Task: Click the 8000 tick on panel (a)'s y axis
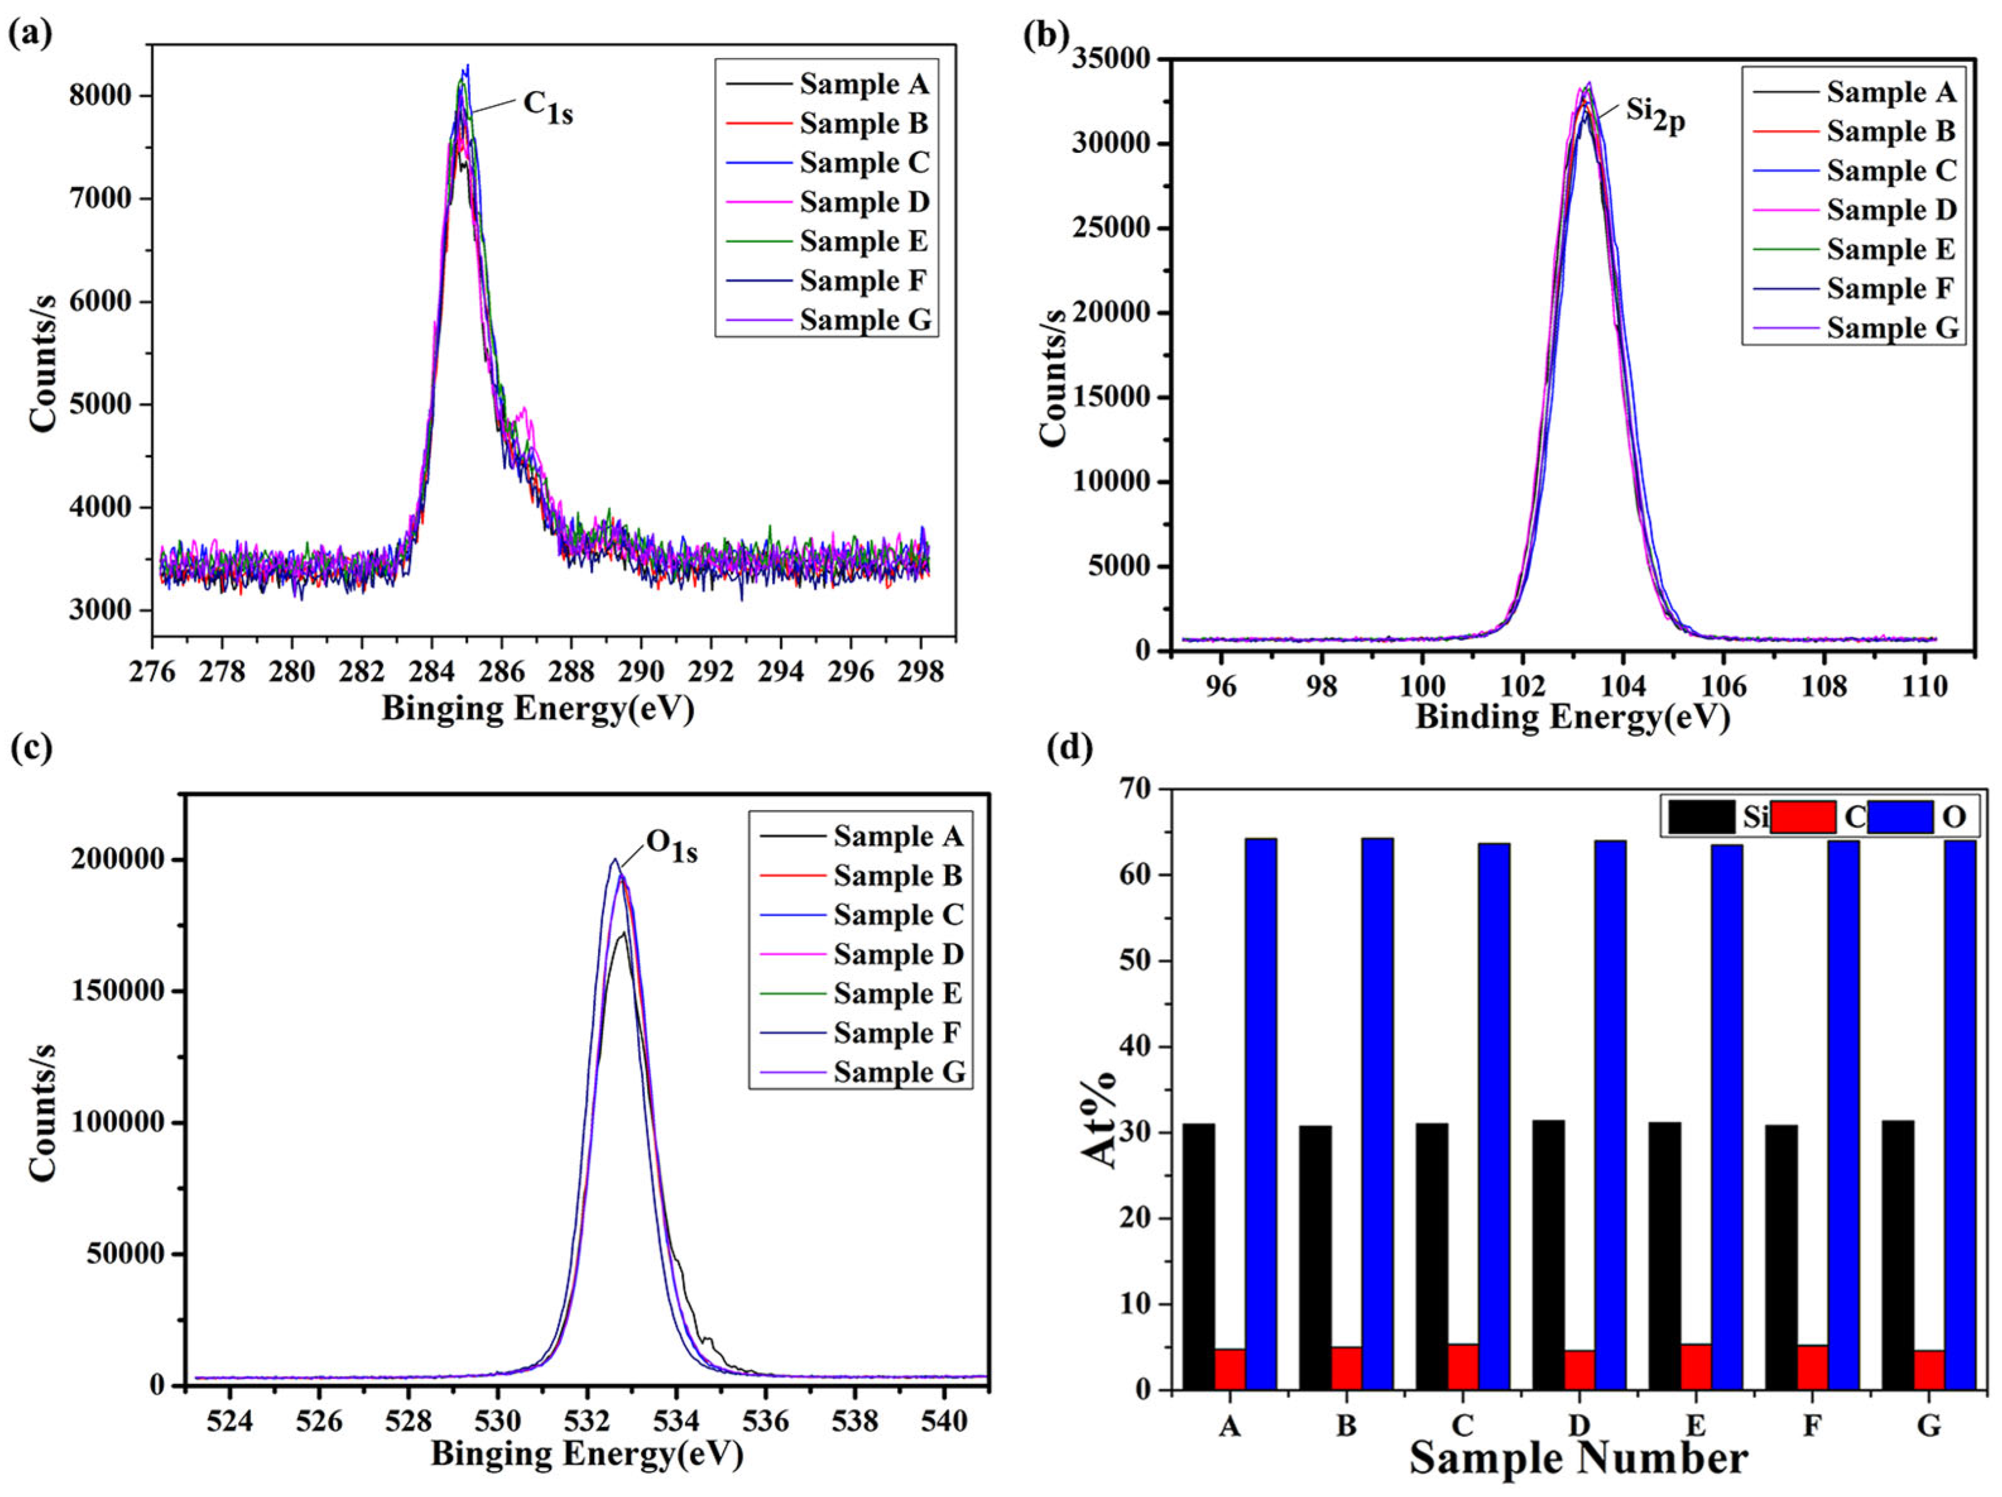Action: coord(100,96)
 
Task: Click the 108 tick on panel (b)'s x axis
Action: coord(1825,686)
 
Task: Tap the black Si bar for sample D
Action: coord(1549,1255)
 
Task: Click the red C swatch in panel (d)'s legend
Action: coord(1802,816)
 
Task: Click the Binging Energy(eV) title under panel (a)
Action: coord(538,708)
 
